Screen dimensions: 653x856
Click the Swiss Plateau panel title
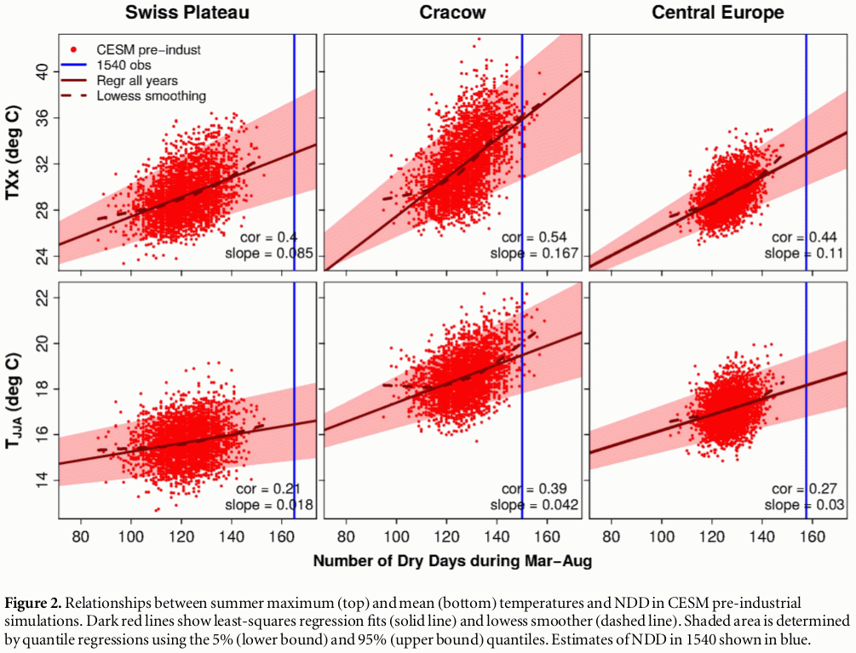186,14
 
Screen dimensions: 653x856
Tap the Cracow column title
452,14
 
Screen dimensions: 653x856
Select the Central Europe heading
718,14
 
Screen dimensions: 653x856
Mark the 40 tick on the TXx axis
40,72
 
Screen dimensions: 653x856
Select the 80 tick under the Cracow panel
347,538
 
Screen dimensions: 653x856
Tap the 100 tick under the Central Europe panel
663,538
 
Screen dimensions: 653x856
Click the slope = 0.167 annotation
539,254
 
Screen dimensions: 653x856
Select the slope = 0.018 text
271,505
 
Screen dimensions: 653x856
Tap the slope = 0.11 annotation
804,254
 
